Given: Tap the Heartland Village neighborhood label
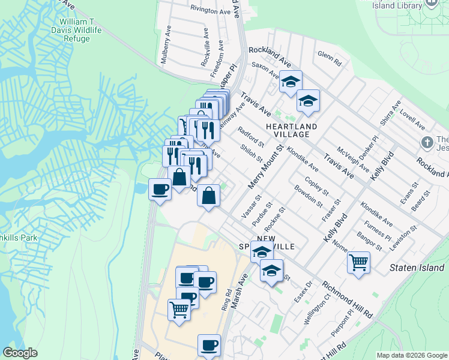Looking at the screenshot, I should pos(291,130).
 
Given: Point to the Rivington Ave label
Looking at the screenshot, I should pos(210,10).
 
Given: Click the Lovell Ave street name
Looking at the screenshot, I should pos(411,118).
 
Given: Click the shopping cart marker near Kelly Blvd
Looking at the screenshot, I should pos(358,262).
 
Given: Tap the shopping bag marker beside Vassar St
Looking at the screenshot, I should pos(208,196).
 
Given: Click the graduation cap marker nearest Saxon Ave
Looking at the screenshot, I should pos(291,81).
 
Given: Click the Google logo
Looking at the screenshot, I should pos(20,353).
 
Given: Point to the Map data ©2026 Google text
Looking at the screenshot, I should pos(411,355).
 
